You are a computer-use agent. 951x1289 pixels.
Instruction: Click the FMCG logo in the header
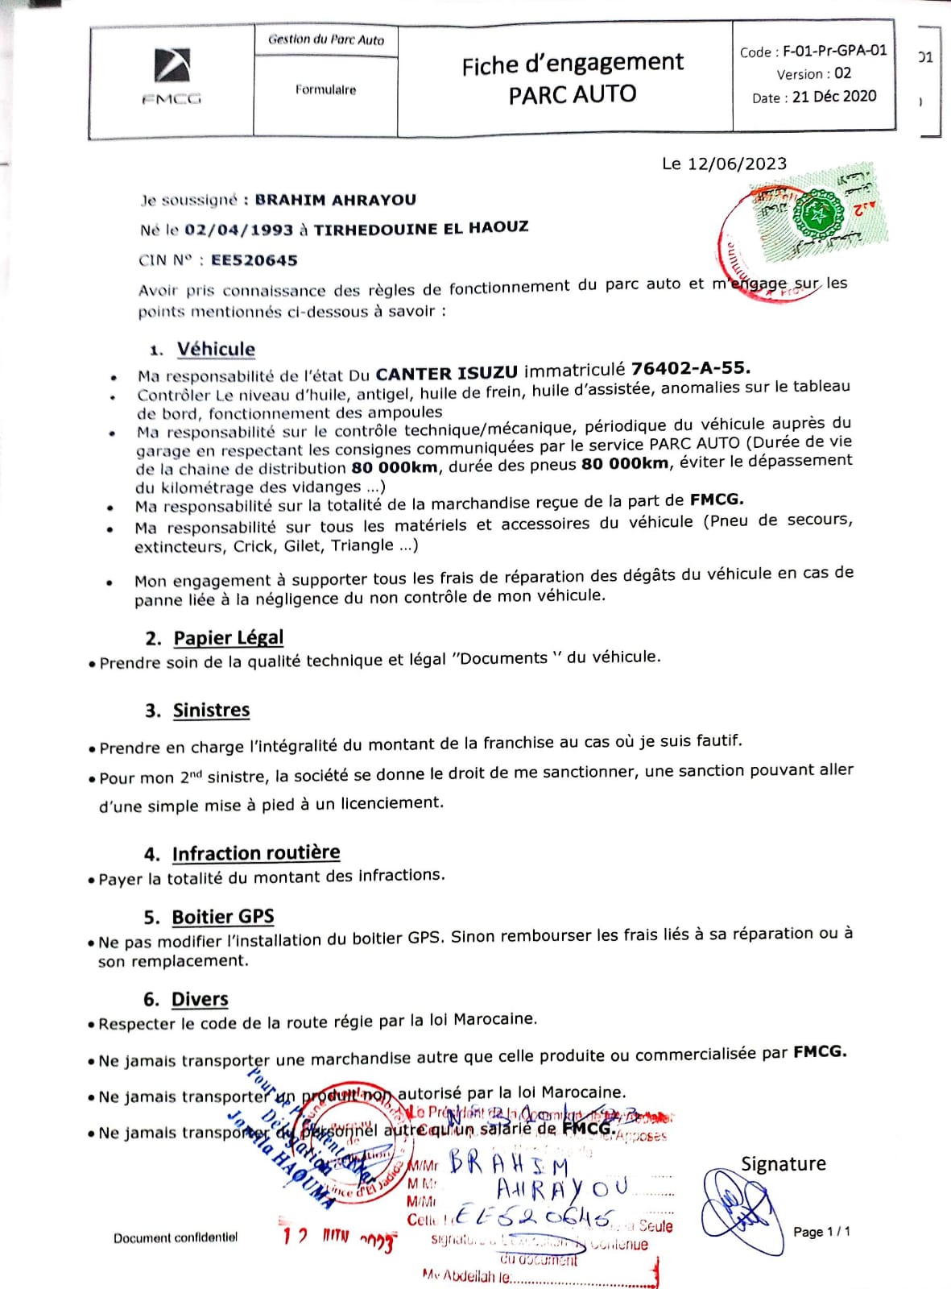[172, 77]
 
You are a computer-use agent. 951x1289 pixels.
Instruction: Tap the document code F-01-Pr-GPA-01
[834, 51]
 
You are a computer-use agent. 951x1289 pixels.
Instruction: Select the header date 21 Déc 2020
[834, 97]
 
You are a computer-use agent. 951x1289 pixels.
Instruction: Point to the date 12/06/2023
[736, 164]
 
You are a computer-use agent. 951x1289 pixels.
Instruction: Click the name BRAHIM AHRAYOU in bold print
[335, 200]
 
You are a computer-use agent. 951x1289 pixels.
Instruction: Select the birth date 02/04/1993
[238, 230]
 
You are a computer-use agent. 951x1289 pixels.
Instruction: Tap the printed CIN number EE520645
[254, 260]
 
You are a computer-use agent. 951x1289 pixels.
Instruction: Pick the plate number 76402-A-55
[690, 368]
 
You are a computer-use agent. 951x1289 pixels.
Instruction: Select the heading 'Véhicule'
[216, 350]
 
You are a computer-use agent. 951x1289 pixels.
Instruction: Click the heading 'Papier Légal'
[228, 638]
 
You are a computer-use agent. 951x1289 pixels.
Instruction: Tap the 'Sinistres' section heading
[211, 711]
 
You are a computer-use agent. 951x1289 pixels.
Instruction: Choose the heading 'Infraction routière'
[255, 853]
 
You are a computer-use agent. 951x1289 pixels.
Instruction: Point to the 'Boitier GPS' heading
[222, 918]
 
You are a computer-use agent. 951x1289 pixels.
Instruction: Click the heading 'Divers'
[200, 1000]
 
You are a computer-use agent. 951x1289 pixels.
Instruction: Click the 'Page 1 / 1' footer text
[821, 1232]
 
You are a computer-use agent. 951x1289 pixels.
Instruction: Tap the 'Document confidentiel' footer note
[176, 1237]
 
